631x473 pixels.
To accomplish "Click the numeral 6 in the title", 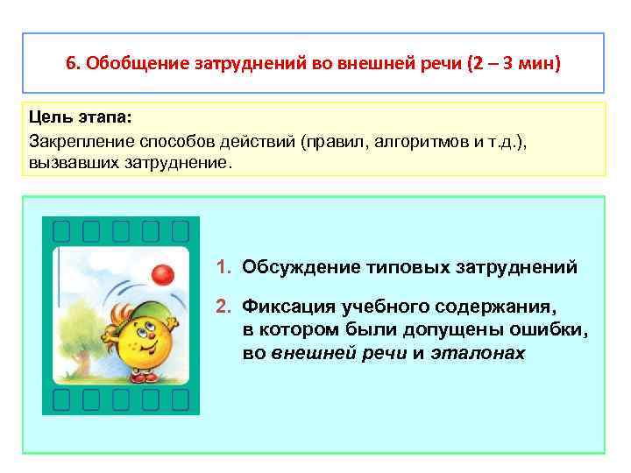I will click(x=71, y=64).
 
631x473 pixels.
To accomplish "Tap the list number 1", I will click(x=223, y=266).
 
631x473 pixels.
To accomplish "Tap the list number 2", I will click(x=223, y=307).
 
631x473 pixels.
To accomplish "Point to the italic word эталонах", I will click(x=478, y=353).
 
